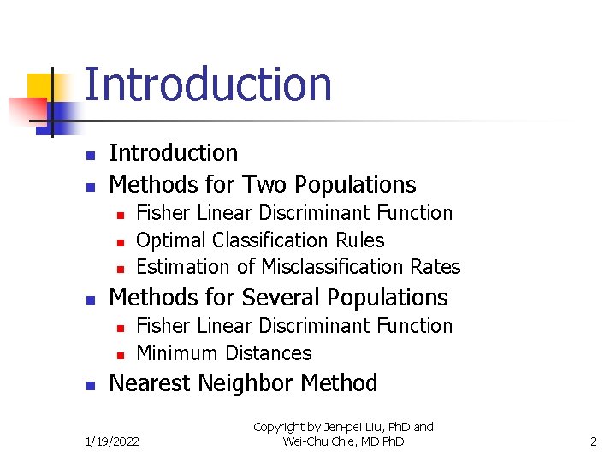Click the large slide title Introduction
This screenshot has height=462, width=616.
[x=208, y=85]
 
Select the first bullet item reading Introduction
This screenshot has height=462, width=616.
[x=174, y=153]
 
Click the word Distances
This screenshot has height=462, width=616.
[x=267, y=353]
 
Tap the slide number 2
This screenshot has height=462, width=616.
[x=593, y=441]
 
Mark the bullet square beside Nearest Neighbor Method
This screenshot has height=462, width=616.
[x=91, y=385]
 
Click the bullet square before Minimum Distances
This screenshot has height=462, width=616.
[x=121, y=354]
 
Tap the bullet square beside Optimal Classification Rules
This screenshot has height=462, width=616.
[x=121, y=241]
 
